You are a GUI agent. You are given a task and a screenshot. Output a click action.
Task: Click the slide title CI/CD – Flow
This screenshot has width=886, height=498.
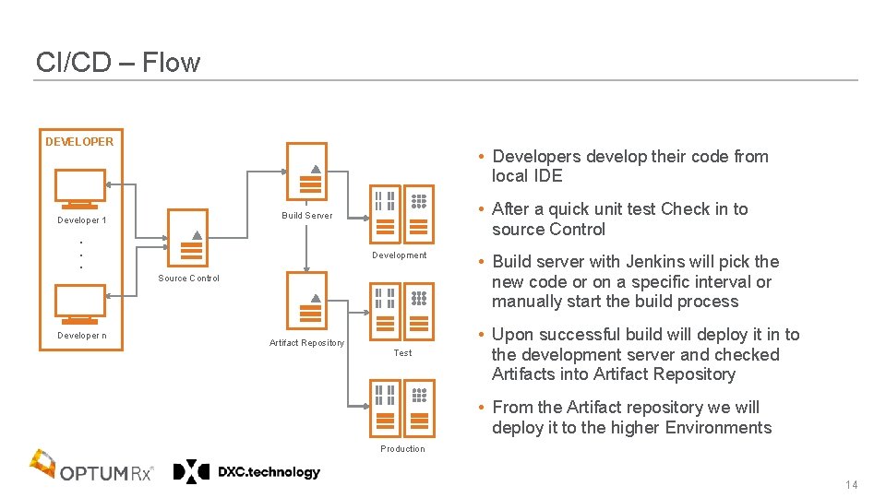pos(117,63)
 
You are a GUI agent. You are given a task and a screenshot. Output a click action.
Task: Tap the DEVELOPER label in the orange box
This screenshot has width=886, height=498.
pos(79,142)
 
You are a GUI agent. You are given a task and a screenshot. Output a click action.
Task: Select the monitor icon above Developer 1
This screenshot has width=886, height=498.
pos(79,189)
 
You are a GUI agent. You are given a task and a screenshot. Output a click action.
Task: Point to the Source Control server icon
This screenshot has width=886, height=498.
pos(188,238)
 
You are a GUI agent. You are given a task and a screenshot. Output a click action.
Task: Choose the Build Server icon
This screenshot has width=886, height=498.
pos(306,171)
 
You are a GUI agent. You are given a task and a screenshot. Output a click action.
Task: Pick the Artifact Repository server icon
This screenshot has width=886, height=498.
pos(306,300)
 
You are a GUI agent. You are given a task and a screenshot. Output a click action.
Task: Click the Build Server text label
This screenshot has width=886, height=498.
pos(306,216)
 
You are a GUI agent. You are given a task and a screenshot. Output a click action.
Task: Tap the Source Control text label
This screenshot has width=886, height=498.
pos(188,279)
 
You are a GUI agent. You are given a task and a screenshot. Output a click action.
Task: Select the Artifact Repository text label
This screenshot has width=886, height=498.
pos(306,343)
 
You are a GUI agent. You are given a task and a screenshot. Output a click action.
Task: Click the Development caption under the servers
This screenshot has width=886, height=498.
pos(399,255)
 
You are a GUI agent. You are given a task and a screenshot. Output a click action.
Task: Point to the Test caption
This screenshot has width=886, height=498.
pos(402,353)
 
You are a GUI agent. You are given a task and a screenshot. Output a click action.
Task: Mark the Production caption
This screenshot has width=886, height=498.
pos(402,449)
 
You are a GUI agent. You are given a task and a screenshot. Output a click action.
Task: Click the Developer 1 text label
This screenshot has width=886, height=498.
pos(81,220)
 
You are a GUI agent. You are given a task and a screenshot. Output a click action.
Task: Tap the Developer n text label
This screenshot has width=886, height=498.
pos(81,336)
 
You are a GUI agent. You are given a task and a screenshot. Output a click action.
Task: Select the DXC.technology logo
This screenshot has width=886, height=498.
pos(247,472)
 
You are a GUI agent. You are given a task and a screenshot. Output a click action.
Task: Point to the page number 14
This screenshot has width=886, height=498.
pos(851,486)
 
